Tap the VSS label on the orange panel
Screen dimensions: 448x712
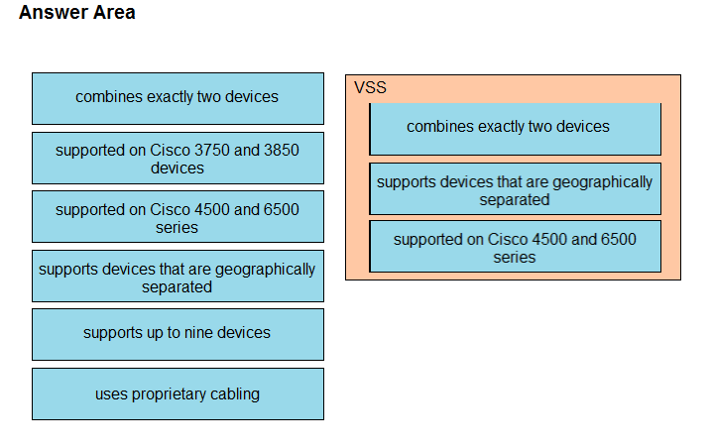(x=370, y=87)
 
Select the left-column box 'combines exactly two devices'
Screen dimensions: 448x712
(x=178, y=97)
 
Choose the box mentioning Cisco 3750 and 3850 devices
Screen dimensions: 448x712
(x=178, y=158)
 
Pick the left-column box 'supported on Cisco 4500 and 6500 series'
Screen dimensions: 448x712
(x=178, y=217)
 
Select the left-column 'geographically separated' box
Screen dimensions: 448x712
(x=178, y=277)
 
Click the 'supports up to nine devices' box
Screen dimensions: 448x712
(x=178, y=333)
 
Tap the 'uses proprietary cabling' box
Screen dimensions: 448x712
(x=178, y=393)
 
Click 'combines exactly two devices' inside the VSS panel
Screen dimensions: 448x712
(x=515, y=128)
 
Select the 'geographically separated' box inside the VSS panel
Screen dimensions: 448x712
(x=515, y=189)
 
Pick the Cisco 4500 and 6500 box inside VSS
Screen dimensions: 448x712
(x=515, y=247)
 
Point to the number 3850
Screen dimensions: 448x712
(x=282, y=150)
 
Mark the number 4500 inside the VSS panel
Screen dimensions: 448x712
(x=554, y=239)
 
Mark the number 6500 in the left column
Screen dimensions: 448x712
(x=282, y=209)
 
